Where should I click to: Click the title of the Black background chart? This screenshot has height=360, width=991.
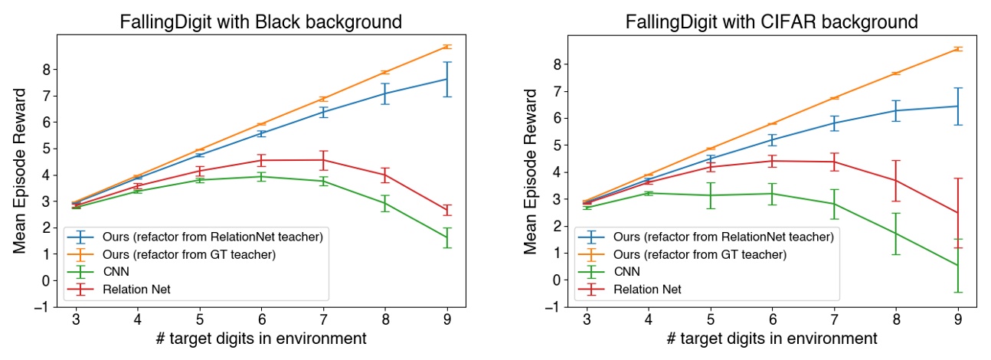tap(260, 21)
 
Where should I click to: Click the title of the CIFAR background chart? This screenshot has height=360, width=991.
tap(771, 21)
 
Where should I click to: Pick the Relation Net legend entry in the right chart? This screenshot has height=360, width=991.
tap(649, 289)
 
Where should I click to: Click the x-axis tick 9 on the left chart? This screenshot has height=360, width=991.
tap(446, 318)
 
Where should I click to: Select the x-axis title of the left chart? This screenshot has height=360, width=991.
tap(260, 338)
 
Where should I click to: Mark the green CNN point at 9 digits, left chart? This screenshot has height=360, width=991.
tap(446, 238)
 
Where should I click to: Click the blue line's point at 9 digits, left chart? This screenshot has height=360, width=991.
tap(446, 79)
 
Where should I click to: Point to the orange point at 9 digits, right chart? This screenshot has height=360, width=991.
tap(957, 49)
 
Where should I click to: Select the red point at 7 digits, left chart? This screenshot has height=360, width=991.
tap(323, 160)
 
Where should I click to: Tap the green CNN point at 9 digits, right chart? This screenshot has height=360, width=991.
tap(957, 265)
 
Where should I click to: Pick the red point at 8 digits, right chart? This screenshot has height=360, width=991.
tap(895, 181)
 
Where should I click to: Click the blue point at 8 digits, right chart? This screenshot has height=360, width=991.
tap(895, 110)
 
